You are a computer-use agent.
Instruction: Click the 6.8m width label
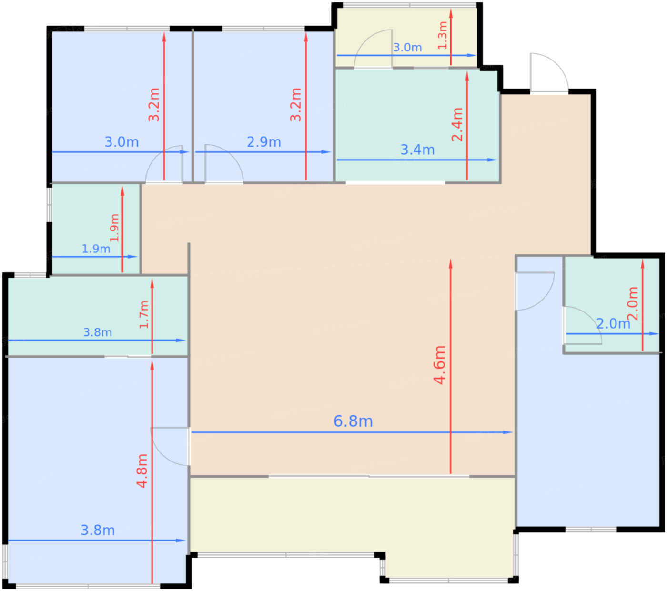click(353, 421)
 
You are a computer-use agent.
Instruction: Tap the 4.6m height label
click(439, 365)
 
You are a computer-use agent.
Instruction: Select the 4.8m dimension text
click(142, 471)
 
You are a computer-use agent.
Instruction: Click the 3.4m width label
click(417, 150)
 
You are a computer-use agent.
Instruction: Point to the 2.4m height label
click(457, 124)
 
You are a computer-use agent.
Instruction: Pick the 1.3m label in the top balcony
click(443, 35)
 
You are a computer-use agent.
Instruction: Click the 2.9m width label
click(263, 142)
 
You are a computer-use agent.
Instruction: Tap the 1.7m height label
click(144, 314)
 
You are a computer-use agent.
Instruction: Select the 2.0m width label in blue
click(613, 324)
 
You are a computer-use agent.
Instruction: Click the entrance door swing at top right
click(548, 71)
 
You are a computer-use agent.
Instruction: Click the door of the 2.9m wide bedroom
click(223, 163)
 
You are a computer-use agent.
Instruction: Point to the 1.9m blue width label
click(96, 249)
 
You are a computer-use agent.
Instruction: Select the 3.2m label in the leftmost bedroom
click(154, 105)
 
